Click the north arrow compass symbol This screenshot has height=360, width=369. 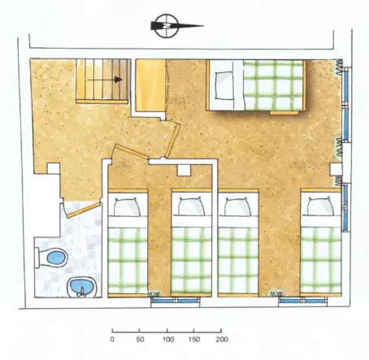coord(171,26)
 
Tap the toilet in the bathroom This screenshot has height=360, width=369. coord(52,258)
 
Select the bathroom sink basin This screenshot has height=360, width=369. coord(81,287)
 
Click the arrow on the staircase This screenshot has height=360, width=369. coord(105,80)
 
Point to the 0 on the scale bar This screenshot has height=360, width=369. coord(112,340)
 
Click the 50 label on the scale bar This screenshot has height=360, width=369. coord(140,340)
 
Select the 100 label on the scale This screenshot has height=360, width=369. coord(168,340)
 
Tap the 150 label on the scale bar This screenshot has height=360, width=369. coord(194,340)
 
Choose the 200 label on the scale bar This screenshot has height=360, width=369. coord(222,340)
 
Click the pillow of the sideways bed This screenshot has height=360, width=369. coord(224,85)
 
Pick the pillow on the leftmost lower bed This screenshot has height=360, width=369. coord(127,206)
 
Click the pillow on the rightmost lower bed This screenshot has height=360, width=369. coord(320,206)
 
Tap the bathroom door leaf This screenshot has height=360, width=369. coord(84,210)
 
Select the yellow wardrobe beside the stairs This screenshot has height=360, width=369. coord(150,85)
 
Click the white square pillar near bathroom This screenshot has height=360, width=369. coord(54,168)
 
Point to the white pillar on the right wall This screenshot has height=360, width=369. coord(336,169)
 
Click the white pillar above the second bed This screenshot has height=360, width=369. coord(184,171)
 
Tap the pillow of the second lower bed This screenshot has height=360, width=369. coord(191,206)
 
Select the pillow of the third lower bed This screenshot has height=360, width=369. coord(238,206)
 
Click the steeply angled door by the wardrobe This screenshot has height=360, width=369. coord(173,141)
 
